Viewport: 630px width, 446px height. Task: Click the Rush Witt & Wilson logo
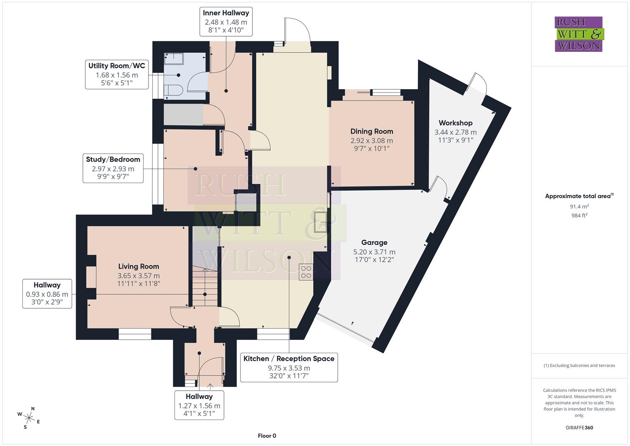578,34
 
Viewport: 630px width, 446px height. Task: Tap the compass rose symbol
28,417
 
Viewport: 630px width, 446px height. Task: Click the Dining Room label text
371,131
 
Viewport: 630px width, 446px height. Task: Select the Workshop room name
455,123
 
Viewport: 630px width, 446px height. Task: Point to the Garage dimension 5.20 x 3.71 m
374,252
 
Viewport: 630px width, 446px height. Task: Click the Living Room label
139,266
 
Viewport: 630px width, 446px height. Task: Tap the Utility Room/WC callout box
117,75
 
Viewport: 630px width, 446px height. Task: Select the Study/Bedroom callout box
113,168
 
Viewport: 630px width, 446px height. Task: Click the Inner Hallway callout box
226,21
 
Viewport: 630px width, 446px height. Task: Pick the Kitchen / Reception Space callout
289,367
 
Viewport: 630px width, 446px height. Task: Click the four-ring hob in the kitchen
306,272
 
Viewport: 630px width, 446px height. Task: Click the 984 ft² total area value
579,216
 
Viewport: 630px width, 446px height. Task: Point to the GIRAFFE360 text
579,427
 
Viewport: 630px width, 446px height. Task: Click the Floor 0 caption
267,436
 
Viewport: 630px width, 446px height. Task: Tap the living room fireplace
91,277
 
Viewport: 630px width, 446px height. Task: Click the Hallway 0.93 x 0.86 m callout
47,294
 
